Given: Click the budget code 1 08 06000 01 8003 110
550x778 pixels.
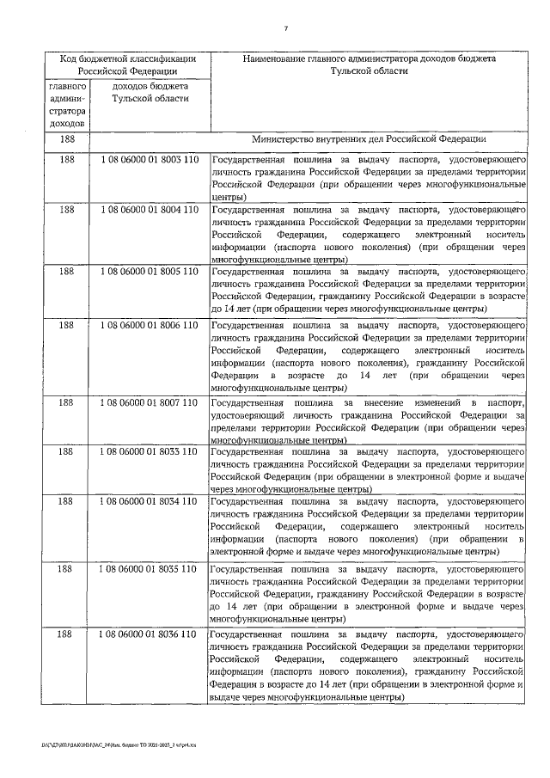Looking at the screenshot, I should (150, 161).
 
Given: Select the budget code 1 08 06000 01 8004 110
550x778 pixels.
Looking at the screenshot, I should (150, 209).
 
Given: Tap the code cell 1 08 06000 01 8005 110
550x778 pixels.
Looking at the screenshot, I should (150, 272).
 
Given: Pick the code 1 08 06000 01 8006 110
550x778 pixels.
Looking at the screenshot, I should (150, 327).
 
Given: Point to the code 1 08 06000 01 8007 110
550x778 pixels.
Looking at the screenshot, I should (150, 402).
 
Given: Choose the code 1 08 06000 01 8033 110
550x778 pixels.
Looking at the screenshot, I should (150, 450).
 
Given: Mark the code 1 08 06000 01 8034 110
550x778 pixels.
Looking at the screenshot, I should (150, 499).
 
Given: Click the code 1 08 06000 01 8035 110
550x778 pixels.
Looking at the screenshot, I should (150, 568).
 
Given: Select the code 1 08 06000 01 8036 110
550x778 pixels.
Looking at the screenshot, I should (150, 634).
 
